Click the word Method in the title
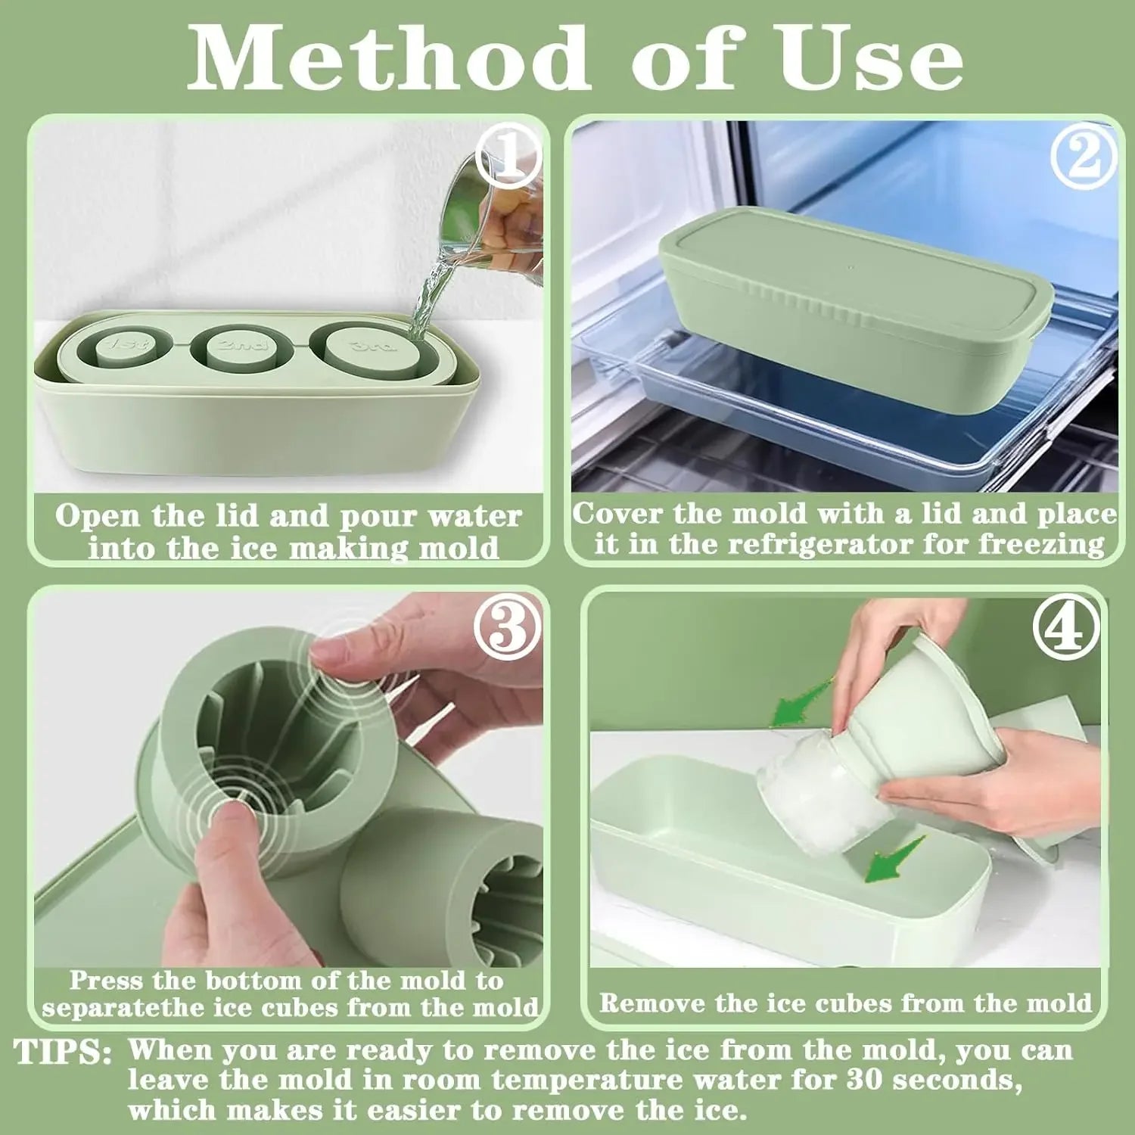click(388, 58)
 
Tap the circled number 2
click(1084, 157)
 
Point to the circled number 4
click(1067, 628)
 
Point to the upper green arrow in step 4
click(801, 702)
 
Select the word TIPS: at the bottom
click(64, 1053)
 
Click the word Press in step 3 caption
click(106, 981)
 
